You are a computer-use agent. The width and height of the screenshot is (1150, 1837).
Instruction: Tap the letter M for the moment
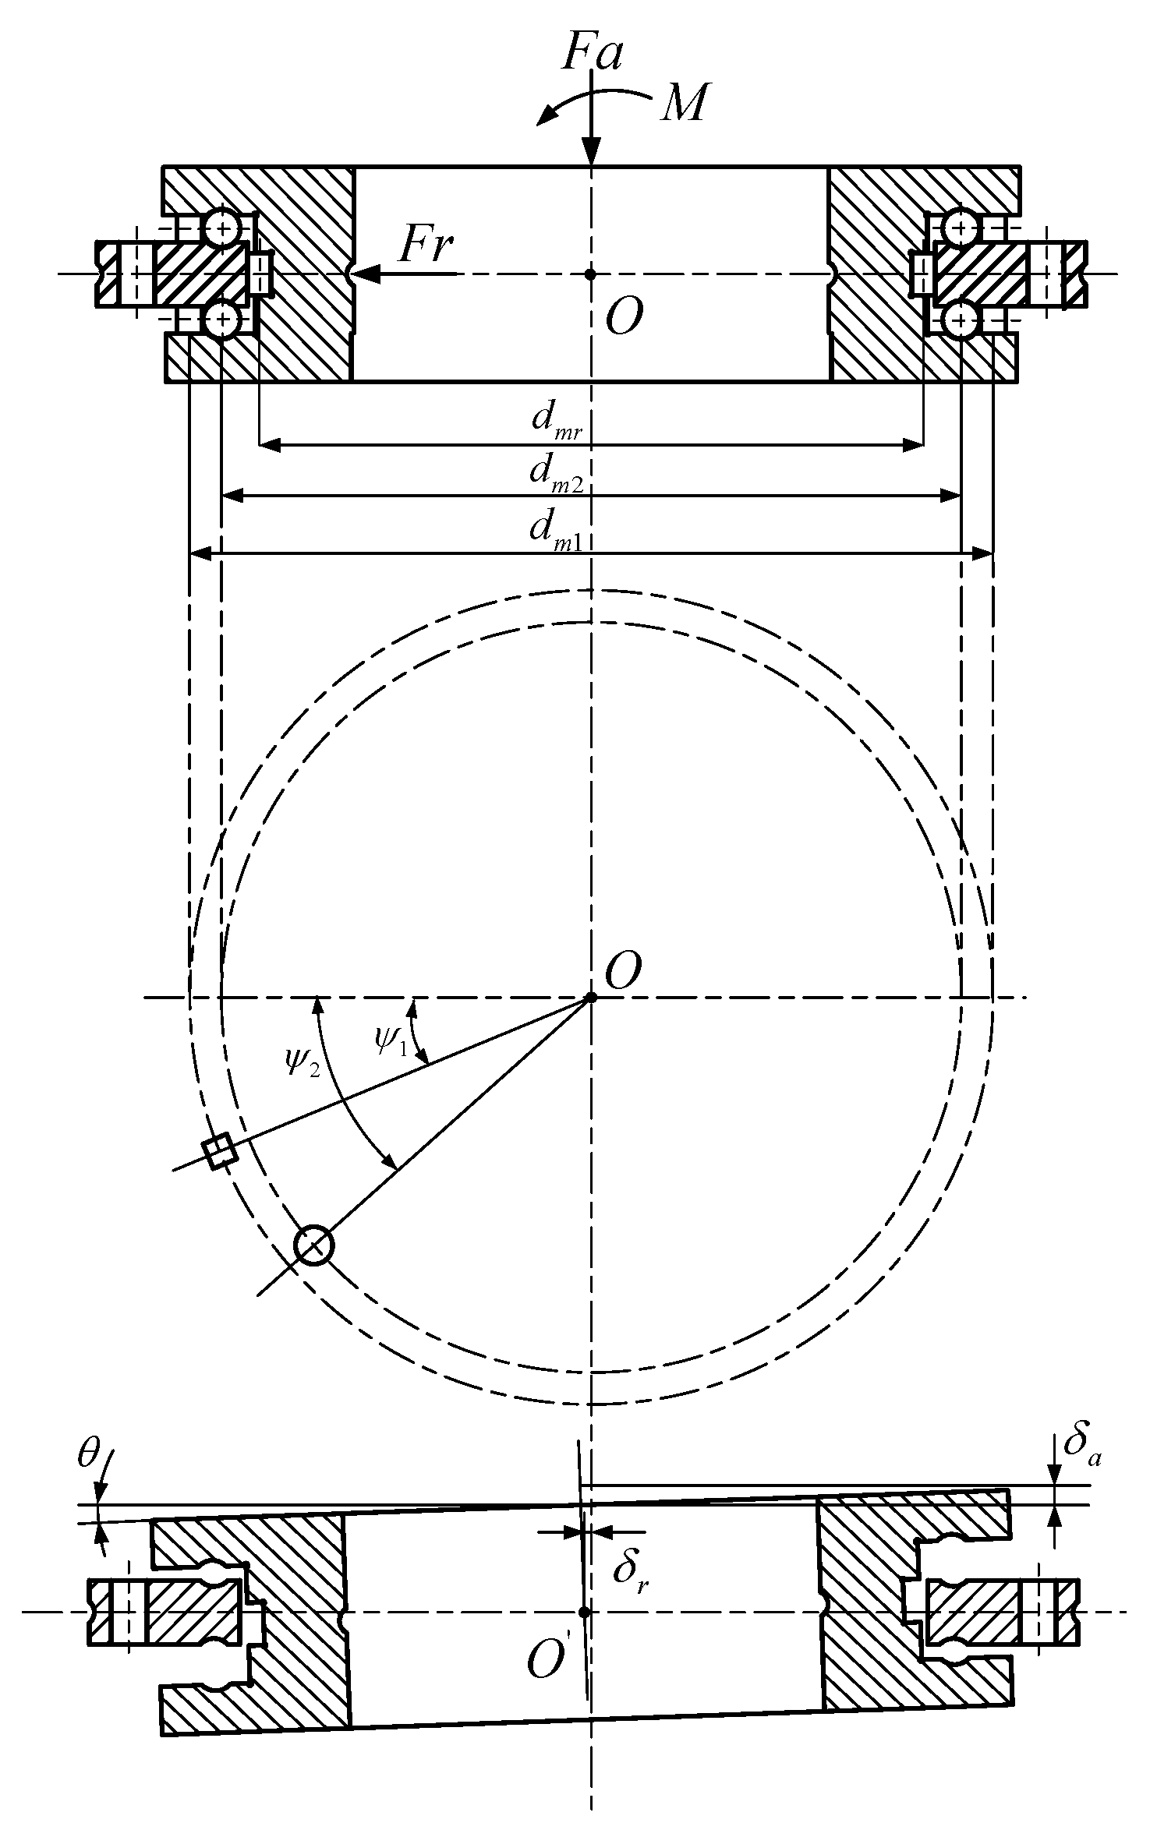pos(684,103)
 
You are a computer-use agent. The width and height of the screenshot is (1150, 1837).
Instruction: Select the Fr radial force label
pos(425,245)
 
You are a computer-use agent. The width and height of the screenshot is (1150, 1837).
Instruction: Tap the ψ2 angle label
pos(303,1061)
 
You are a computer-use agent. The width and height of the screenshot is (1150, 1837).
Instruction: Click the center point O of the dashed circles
pos(591,997)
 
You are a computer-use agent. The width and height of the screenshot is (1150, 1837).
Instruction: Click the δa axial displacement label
pos(1081,1446)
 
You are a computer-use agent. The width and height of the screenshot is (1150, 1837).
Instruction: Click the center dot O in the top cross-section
pos(590,274)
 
